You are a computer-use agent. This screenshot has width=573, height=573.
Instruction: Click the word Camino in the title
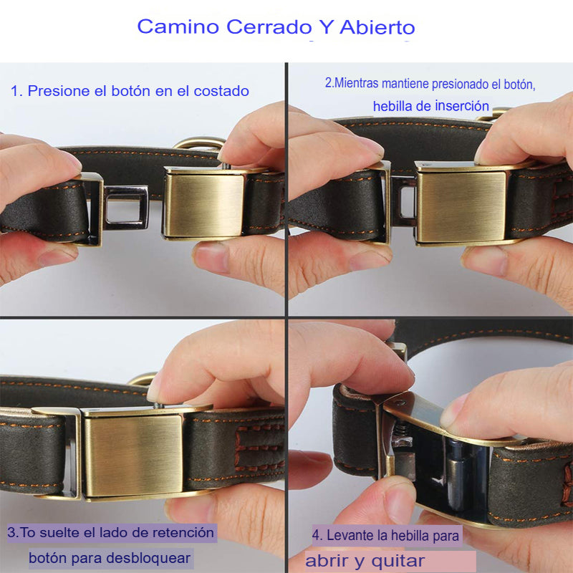click(x=178, y=27)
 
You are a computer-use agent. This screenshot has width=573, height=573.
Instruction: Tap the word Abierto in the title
click(x=377, y=27)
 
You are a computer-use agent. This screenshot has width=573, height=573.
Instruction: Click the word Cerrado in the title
click(x=269, y=27)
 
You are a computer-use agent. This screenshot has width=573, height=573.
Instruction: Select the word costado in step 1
click(x=221, y=91)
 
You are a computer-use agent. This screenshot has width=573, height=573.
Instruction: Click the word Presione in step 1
click(x=59, y=91)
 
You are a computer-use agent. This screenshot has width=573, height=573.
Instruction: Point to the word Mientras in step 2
click(x=356, y=83)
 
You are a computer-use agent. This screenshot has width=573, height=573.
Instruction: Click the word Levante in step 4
click(x=350, y=535)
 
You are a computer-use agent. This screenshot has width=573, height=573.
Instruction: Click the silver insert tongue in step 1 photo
click(x=126, y=207)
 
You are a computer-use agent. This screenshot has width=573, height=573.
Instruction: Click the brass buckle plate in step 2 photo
click(x=461, y=206)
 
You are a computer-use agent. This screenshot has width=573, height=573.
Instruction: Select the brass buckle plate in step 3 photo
click(x=133, y=456)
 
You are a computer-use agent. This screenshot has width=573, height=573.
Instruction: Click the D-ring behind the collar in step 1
click(x=200, y=144)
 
